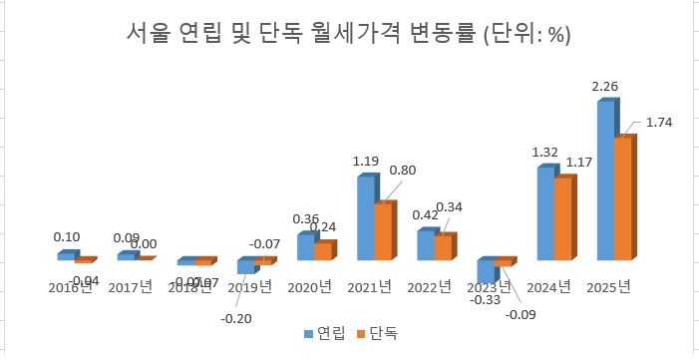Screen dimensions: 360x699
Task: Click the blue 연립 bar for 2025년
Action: click(x=605, y=180)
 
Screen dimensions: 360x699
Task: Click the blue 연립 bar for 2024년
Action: click(x=545, y=213)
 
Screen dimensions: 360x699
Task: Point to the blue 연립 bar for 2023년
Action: click(x=486, y=270)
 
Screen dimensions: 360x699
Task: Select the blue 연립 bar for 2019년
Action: click(x=245, y=266)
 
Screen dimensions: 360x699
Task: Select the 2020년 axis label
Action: click(x=310, y=288)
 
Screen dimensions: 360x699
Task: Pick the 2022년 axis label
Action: click(x=430, y=288)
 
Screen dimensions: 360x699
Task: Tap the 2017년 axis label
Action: click(x=130, y=288)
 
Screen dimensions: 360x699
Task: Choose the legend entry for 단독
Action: click(x=374, y=332)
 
